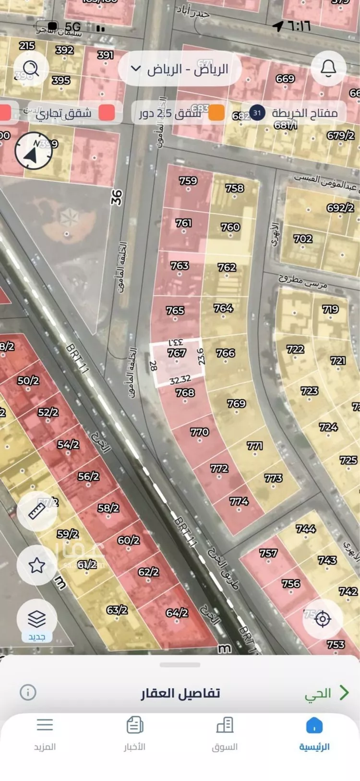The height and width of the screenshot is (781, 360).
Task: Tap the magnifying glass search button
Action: [31, 69]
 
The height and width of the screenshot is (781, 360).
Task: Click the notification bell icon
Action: [328, 69]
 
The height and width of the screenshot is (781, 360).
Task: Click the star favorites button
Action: [37, 566]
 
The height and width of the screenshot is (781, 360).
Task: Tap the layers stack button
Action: [37, 618]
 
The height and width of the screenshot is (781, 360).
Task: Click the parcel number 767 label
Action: [177, 353]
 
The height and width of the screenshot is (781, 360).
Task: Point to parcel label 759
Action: [188, 181]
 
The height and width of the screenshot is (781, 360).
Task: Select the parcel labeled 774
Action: [239, 501]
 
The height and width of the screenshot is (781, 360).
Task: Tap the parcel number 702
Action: [303, 238]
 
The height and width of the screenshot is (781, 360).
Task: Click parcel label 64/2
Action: [177, 613]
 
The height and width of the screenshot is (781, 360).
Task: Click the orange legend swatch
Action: [216, 113]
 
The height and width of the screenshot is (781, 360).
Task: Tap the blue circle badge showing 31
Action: [258, 113]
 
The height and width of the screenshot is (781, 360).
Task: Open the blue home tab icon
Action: [314, 725]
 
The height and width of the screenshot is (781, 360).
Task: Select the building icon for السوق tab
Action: [225, 725]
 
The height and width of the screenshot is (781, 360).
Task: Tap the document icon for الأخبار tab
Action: [135, 725]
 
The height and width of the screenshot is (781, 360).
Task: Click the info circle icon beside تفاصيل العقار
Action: [28, 692]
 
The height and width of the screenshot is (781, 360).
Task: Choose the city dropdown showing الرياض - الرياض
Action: [180, 69]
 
